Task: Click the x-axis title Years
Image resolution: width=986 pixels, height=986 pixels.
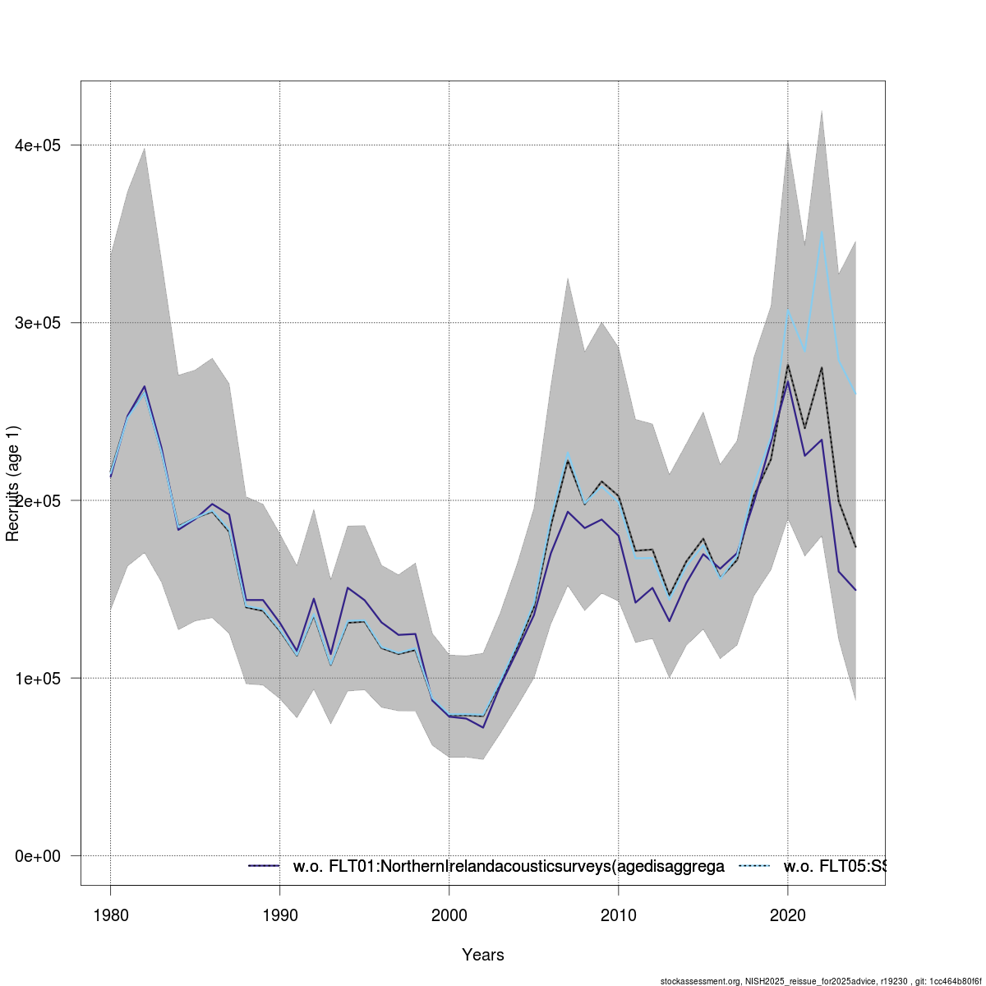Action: click(x=483, y=955)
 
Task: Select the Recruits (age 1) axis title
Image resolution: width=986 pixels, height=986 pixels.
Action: click(x=13, y=483)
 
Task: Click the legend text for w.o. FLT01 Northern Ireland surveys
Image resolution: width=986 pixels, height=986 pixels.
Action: click(x=509, y=866)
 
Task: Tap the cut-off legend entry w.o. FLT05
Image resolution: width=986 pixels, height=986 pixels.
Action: click(x=834, y=866)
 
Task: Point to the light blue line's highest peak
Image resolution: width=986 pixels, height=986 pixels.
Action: click(x=822, y=233)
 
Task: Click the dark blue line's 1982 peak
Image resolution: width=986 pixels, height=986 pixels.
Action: click(x=145, y=386)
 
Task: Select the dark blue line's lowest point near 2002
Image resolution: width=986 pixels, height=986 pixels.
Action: click(x=483, y=727)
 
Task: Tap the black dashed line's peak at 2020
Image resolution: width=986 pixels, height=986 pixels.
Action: click(x=788, y=365)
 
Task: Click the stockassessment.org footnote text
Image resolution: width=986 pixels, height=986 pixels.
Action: click(x=822, y=981)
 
